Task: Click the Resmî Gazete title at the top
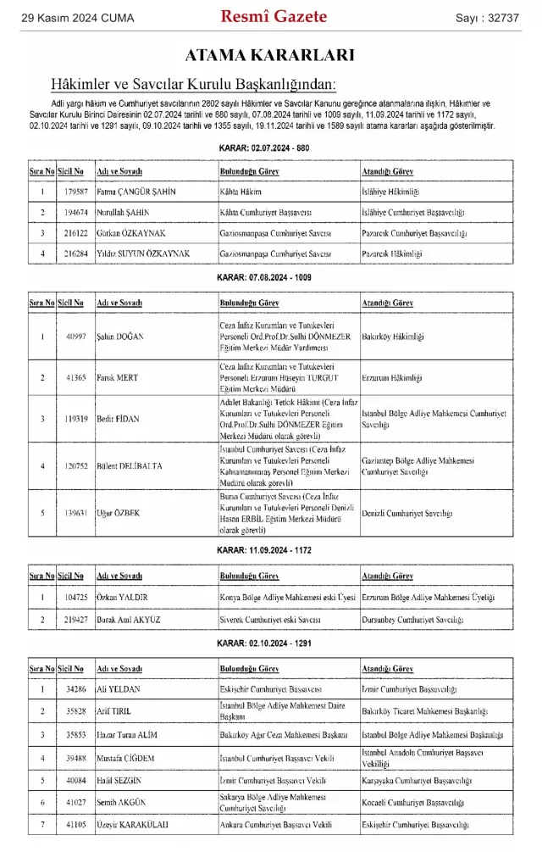pyautogui.click(x=274, y=16)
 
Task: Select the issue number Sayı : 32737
pyautogui.click(x=487, y=17)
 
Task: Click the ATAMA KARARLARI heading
pyautogui.click(x=270, y=56)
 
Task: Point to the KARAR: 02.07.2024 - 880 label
pyautogui.click(x=270, y=148)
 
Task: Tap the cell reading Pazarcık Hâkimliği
pyautogui.click(x=391, y=253)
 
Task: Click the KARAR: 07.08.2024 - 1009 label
pyautogui.click(x=270, y=278)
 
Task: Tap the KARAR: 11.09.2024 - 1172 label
pyautogui.click(x=270, y=550)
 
